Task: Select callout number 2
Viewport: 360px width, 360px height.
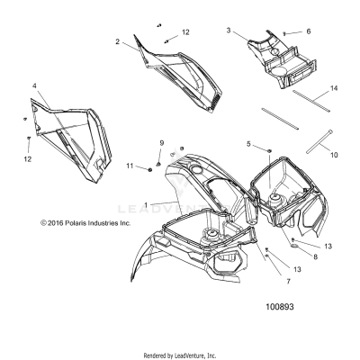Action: (118, 41)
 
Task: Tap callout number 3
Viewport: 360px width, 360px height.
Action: (229, 31)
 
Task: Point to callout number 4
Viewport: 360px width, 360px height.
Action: (34, 86)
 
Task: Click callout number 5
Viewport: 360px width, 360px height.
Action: (249, 144)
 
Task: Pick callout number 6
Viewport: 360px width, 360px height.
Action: (308, 31)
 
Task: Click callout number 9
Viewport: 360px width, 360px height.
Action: (162, 144)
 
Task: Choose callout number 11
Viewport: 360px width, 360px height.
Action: (130, 166)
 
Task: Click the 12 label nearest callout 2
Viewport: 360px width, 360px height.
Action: (185, 32)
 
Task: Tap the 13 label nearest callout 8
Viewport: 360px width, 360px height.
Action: (326, 245)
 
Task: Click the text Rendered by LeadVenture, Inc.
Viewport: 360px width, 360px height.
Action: (180, 355)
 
